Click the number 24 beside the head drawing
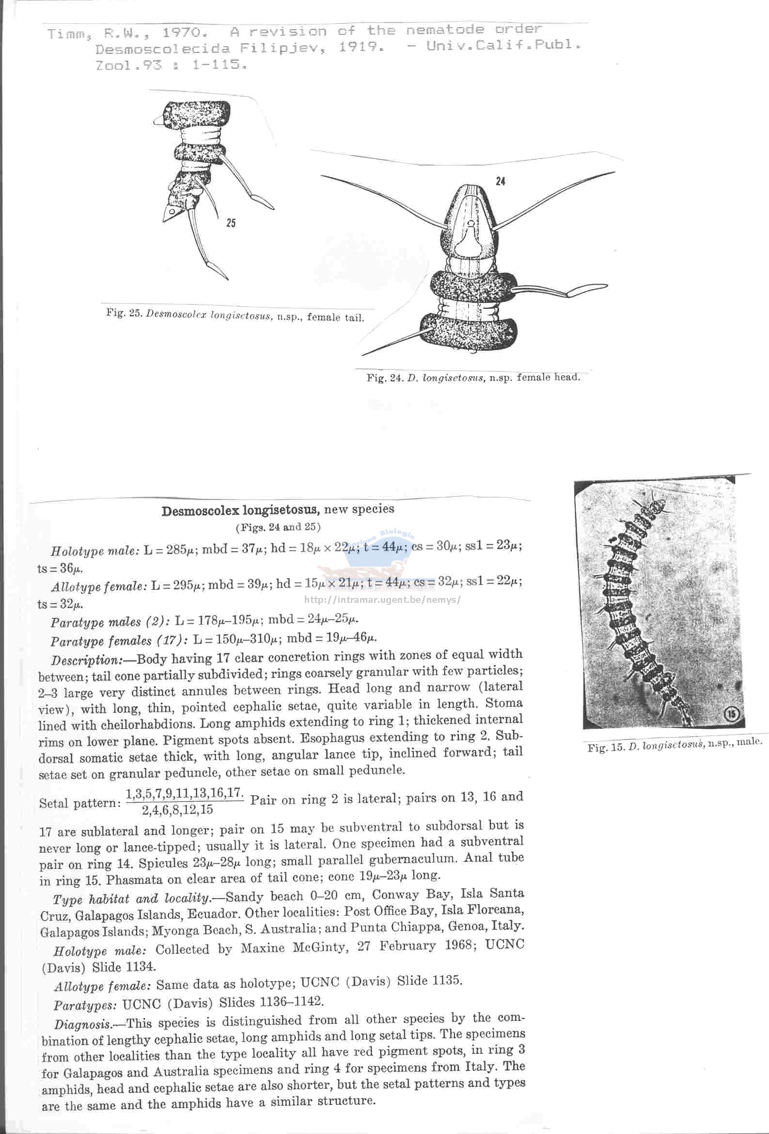point(500,182)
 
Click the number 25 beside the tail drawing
point(231,223)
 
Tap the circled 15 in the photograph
point(733,715)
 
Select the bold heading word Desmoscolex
point(201,511)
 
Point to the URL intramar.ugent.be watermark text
point(382,599)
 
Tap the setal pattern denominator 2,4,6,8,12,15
point(178,809)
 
